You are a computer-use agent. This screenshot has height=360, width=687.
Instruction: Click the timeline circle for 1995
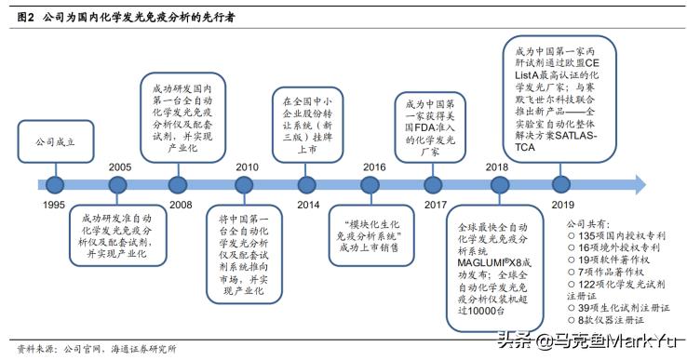coord(54,183)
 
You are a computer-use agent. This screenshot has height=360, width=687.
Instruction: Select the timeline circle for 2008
coord(180,183)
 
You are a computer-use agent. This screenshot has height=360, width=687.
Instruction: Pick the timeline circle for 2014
coord(307,183)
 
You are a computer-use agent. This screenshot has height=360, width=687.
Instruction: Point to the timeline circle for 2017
coord(434,183)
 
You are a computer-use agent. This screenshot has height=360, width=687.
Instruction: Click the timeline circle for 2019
coord(560,183)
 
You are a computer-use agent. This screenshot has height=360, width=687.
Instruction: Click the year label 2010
coord(247,167)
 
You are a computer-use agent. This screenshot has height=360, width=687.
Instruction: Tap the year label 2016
coord(374,167)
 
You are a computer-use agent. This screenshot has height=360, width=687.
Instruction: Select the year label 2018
coord(496,167)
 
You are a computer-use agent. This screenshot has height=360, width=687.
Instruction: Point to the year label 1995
coord(54,204)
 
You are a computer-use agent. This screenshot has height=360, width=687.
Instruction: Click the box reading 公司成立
coord(54,144)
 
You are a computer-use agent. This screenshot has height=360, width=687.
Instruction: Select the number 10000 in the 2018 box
coord(483,313)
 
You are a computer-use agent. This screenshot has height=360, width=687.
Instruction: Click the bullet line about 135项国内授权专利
coord(616,235)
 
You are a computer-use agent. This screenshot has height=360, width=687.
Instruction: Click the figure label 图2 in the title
coord(24,17)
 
